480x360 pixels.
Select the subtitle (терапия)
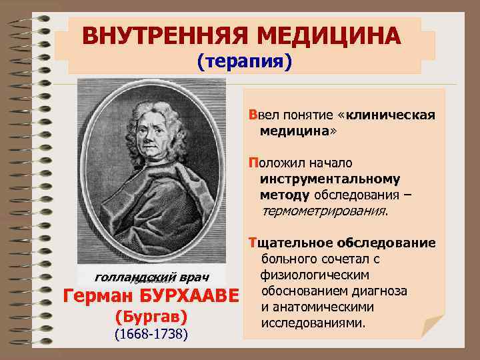(244, 61)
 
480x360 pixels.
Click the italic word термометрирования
(325, 211)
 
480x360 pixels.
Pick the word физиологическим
(307, 275)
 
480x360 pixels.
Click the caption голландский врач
(153, 276)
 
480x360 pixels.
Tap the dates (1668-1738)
(151, 333)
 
